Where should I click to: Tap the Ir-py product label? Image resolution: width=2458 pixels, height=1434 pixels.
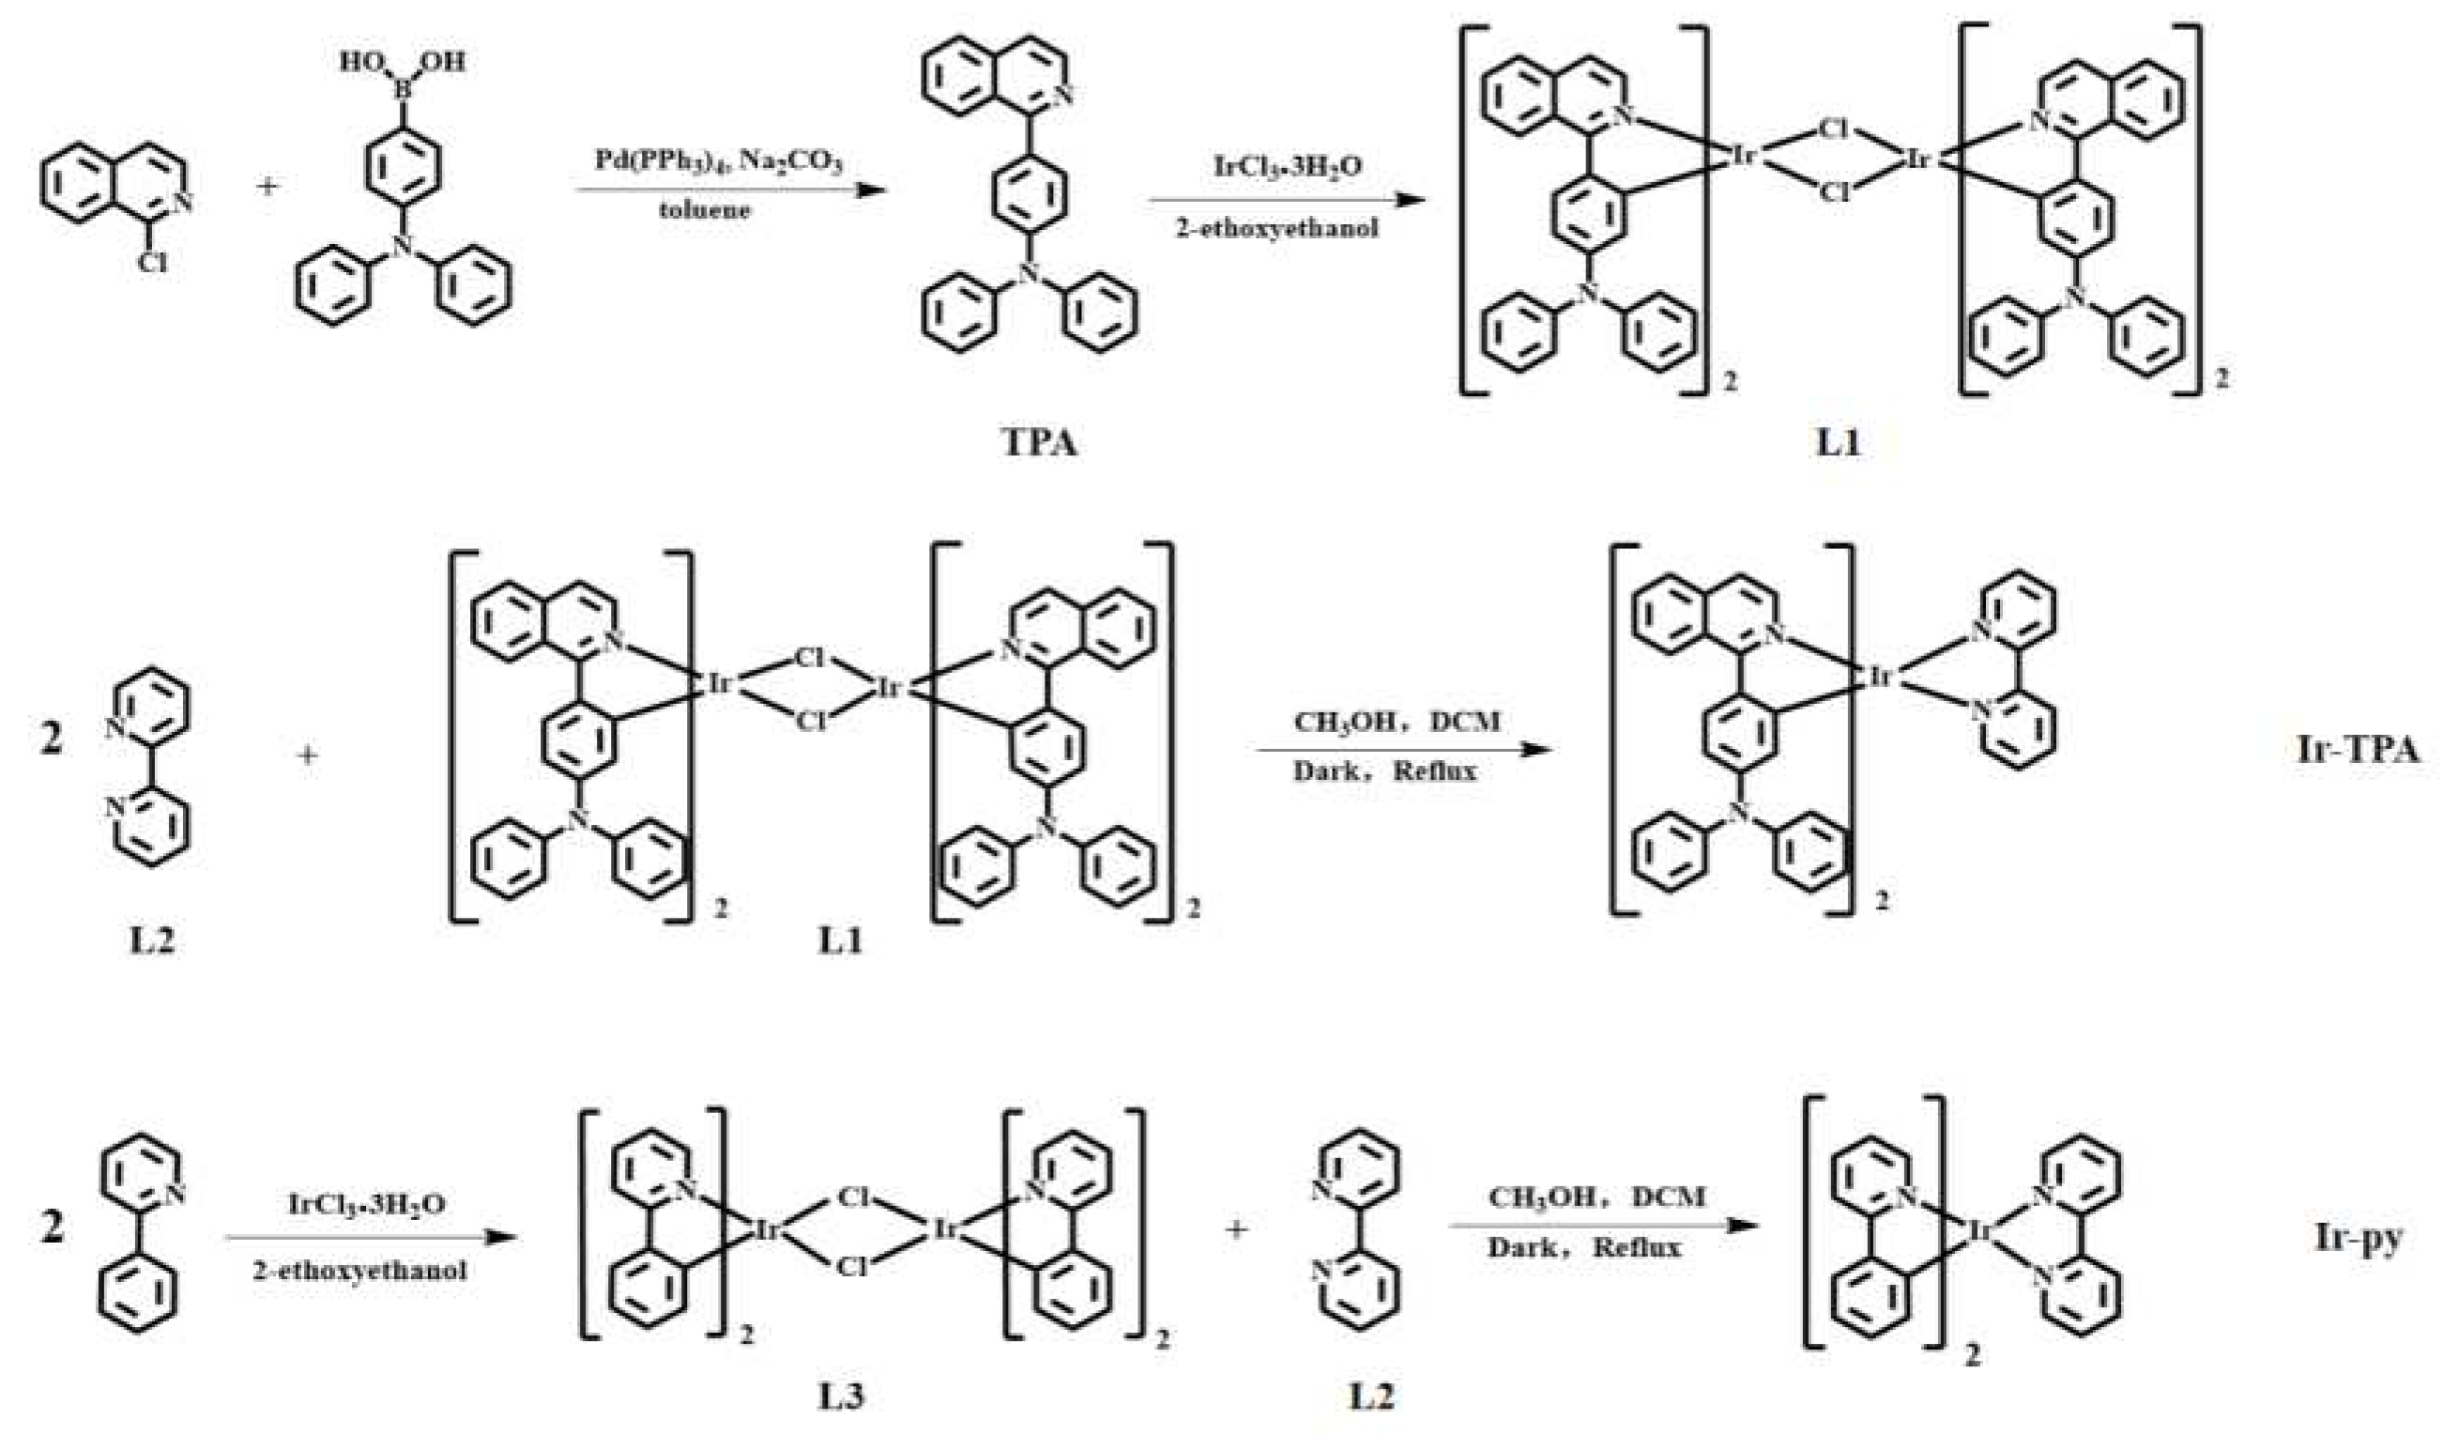pos(2358,1238)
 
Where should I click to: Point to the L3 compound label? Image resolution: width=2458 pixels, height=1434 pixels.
pos(840,1398)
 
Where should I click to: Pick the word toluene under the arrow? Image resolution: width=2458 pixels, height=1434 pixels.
pos(704,209)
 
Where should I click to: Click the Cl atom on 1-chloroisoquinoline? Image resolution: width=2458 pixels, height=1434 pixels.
pos(151,262)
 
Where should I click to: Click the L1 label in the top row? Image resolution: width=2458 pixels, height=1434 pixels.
pos(1838,444)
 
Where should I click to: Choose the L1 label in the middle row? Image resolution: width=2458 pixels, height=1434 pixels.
pos(840,942)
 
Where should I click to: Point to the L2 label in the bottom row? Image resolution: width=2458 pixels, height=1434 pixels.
pos(1370,1398)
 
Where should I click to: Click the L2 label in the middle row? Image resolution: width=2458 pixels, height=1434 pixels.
pos(152,942)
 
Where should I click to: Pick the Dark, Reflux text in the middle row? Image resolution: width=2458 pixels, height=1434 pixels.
pos(1385,771)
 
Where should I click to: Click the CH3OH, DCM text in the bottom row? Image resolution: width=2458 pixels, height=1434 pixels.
pos(1596,1196)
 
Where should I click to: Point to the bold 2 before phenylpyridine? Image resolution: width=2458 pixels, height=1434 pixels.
pos(52,1227)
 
